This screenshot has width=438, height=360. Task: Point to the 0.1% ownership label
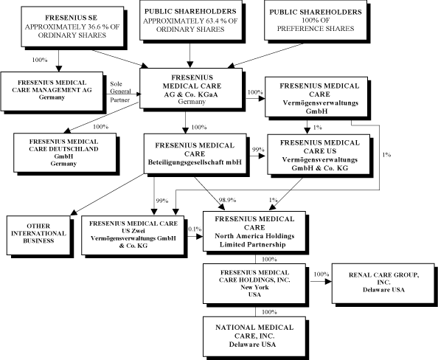coord(195,229)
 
